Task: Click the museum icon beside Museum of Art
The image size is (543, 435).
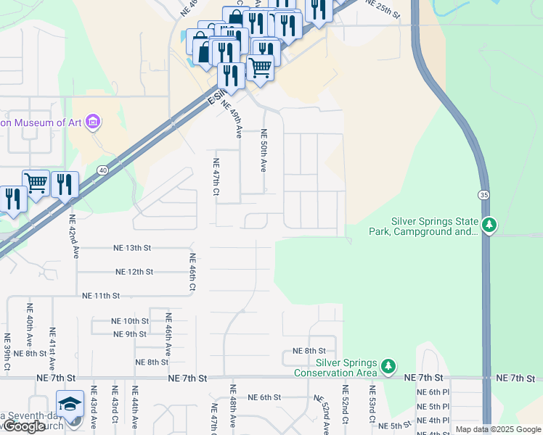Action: [x=93, y=122]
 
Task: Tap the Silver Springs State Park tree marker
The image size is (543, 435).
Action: [x=491, y=225]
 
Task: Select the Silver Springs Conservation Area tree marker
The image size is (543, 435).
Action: [x=390, y=367]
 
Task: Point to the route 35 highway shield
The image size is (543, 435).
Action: [x=483, y=194]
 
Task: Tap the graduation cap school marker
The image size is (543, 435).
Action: [x=70, y=403]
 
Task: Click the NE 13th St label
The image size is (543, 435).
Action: [x=132, y=248]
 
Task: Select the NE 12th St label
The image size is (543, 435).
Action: [x=134, y=272]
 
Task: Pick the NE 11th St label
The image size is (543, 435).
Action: [x=100, y=296]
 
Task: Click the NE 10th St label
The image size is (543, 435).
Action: [x=130, y=320]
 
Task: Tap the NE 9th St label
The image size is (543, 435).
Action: [x=130, y=334]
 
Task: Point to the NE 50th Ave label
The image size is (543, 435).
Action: [x=264, y=150]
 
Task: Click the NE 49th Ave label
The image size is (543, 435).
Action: [x=235, y=120]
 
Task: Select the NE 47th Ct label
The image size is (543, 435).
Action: [x=216, y=177]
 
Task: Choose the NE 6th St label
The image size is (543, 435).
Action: [x=264, y=397]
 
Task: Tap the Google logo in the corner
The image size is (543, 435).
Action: [x=24, y=426]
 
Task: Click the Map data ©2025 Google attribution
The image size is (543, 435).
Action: [x=499, y=430]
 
